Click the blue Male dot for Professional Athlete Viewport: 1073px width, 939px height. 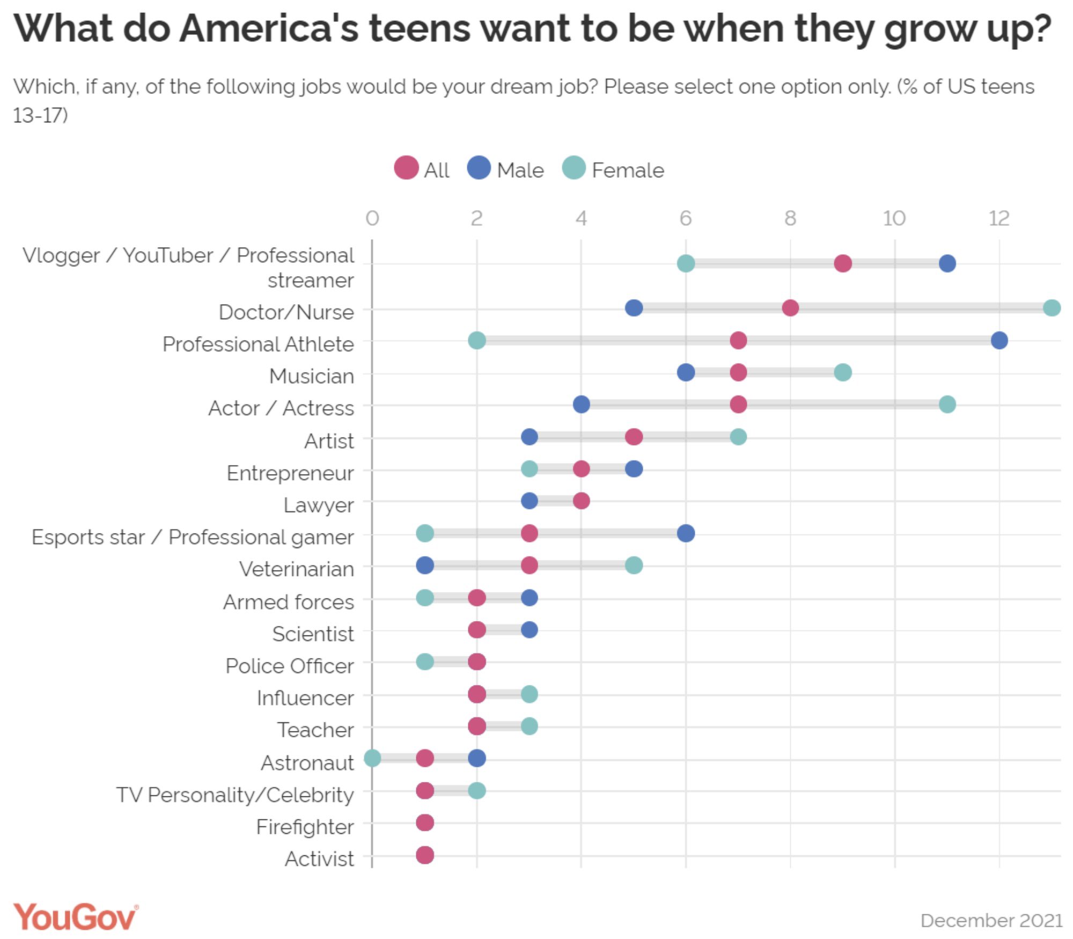click(999, 340)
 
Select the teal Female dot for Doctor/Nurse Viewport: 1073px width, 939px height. click(1052, 308)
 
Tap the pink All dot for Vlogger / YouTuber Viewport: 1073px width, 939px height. click(842, 263)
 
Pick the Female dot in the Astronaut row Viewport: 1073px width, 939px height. click(372, 758)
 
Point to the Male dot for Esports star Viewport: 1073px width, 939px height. click(686, 533)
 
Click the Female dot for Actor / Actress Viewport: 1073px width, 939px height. click(947, 404)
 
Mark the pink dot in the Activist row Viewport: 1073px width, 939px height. click(424, 855)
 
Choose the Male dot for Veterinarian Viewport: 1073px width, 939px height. click(424, 565)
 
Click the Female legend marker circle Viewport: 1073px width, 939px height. click(574, 168)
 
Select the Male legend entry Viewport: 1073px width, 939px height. click(505, 169)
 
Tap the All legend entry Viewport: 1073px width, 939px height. click(422, 169)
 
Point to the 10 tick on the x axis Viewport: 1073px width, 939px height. click(894, 218)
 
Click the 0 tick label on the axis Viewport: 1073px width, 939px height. click(372, 218)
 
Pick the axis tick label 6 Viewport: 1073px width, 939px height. click(686, 218)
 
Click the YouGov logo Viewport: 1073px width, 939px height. click(76, 916)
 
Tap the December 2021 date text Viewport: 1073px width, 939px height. click(991, 920)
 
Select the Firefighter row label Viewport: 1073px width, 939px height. click(305, 827)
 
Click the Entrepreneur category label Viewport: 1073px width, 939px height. click(290, 473)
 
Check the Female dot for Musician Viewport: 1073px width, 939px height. click(842, 372)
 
